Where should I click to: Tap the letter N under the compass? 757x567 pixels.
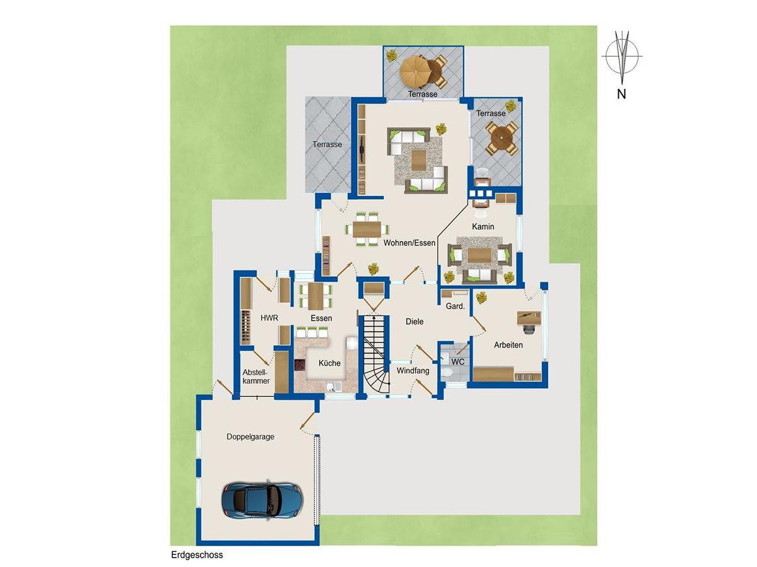point(621,94)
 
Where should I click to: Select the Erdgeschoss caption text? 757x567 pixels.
point(197,555)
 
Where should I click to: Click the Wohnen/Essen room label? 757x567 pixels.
point(409,243)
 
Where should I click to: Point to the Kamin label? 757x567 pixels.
point(483,227)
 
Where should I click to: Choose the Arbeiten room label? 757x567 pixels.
point(508,345)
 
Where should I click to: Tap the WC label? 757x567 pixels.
point(457,362)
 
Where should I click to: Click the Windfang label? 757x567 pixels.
point(413,371)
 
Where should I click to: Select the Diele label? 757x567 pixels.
point(414,322)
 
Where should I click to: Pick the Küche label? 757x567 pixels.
point(329,363)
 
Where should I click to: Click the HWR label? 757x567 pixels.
point(269,318)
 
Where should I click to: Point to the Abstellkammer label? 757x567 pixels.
point(256,377)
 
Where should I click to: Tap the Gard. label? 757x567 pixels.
point(455,306)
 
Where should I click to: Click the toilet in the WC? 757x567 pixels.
point(448,373)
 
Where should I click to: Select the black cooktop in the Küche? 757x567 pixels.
point(300,365)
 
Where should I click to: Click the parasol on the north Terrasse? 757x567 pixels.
point(415,72)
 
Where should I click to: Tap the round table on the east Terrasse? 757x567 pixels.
point(502,138)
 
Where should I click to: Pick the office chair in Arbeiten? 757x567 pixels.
point(528,329)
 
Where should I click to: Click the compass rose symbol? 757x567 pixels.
point(622,57)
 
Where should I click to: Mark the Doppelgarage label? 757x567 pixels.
point(250,436)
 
